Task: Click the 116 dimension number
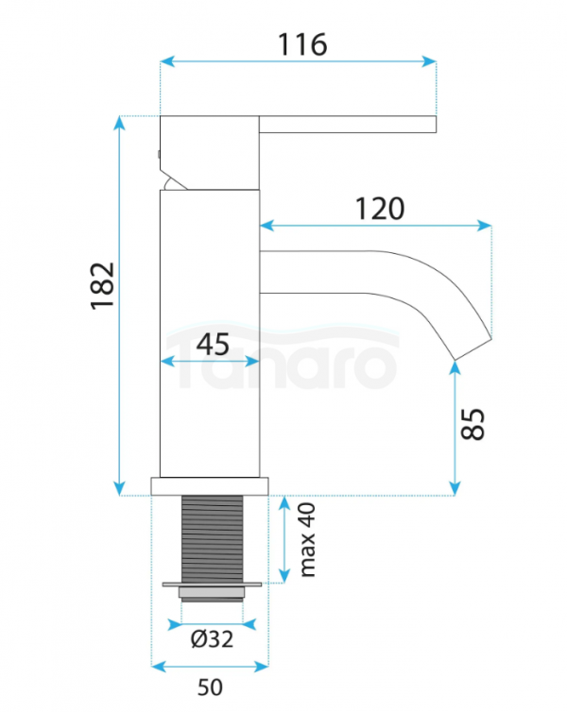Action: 302,44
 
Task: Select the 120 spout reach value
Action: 380,209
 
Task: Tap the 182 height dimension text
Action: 103,286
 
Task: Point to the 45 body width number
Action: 213,344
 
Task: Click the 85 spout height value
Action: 472,424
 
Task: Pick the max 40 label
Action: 307,540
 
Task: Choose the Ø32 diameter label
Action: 213,639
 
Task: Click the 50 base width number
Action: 210,687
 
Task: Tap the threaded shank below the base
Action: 213,539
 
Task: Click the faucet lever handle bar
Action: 348,125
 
